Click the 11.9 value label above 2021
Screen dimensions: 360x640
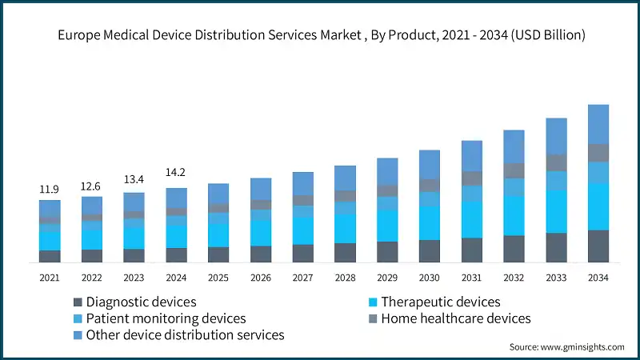point(50,190)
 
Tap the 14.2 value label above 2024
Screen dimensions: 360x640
point(176,172)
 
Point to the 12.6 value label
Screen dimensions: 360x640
point(92,187)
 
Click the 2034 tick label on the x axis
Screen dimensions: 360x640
point(598,278)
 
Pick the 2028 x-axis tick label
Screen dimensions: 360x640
point(345,278)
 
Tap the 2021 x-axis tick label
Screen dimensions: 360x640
point(50,278)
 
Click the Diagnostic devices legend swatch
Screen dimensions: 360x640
point(78,302)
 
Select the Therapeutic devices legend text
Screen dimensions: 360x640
point(440,302)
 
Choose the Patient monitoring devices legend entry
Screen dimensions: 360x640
point(166,318)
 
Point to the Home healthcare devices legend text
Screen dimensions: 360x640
point(455,318)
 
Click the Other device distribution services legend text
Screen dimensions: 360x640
point(185,335)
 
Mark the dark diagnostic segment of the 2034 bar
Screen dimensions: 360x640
point(598,246)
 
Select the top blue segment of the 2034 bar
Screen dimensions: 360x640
point(598,124)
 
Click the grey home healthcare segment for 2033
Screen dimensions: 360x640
point(556,162)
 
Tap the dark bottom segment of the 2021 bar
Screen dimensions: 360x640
point(50,256)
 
